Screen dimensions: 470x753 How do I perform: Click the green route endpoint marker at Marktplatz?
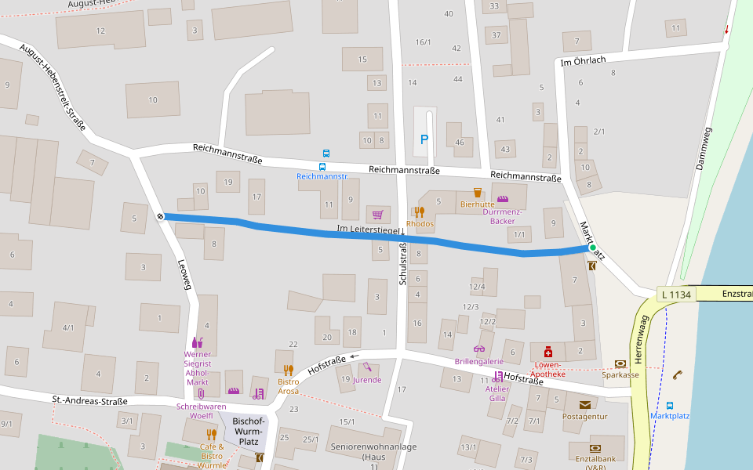click(x=593, y=248)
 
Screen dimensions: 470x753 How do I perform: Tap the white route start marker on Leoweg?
click(x=160, y=216)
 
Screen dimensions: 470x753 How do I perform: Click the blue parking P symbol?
click(x=425, y=139)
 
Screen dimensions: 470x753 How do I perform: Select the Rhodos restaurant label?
click(x=420, y=224)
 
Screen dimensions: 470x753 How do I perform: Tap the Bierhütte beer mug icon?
click(x=478, y=192)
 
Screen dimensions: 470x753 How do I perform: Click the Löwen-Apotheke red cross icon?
click(x=548, y=350)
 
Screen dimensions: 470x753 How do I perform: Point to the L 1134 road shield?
click(x=675, y=295)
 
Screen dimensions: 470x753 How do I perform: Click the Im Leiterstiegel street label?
click(x=369, y=230)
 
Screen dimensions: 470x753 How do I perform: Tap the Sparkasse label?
click(x=620, y=375)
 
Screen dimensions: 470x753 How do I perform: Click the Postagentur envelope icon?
click(x=585, y=405)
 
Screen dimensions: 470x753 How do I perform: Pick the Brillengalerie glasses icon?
click(x=479, y=349)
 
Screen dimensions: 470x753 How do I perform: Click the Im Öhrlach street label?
click(x=584, y=61)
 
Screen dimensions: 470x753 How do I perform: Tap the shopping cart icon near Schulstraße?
click(x=378, y=214)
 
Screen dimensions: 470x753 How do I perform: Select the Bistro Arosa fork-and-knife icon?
click(x=288, y=370)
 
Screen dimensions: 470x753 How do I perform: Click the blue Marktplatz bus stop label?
click(x=670, y=416)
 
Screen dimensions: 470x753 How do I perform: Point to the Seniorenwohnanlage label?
click(x=373, y=446)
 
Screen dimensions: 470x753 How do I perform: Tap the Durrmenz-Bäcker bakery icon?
click(x=503, y=199)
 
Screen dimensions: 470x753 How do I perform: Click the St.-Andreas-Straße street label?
click(x=89, y=401)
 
